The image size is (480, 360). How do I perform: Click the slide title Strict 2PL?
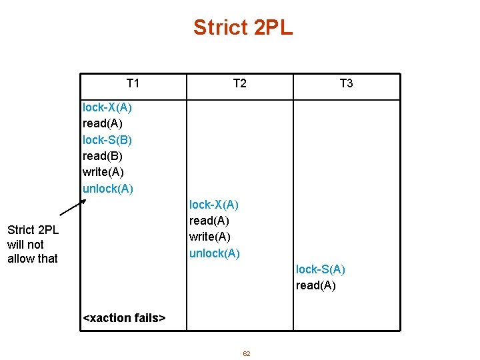click(x=243, y=28)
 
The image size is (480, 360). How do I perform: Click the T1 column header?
click(x=133, y=83)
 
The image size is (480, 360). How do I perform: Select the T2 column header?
click(x=239, y=83)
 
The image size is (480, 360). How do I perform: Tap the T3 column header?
click(x=346, y=83)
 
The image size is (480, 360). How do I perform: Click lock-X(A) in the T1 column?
click(x=107, y=107)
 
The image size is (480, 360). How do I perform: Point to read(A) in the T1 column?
click(x=102, y=123)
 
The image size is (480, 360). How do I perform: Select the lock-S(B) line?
click(x=107, y=140)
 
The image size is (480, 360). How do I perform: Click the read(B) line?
click(x=102, y=156)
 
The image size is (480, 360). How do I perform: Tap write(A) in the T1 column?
click(x=103, y=172)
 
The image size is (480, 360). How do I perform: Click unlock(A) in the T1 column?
click(x=107, y=189)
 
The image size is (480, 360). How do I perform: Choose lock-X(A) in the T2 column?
click(x=213, y=205)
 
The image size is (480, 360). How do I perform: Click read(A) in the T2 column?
click(x=209, y=221)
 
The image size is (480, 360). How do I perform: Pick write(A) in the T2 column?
click(x=209, y=237)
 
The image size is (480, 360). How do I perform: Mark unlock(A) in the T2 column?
click(x=214, y=253)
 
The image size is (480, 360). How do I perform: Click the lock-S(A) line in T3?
click(x=320, y=269)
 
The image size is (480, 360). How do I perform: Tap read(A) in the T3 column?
click(x=315, y=286)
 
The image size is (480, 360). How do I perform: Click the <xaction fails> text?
click(x=123, y=318)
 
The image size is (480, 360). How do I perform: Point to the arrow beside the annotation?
click(x=73, y=207)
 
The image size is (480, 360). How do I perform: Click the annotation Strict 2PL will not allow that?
click(x=33, y=244)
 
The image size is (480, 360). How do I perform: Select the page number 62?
click(x=246, y=354)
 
